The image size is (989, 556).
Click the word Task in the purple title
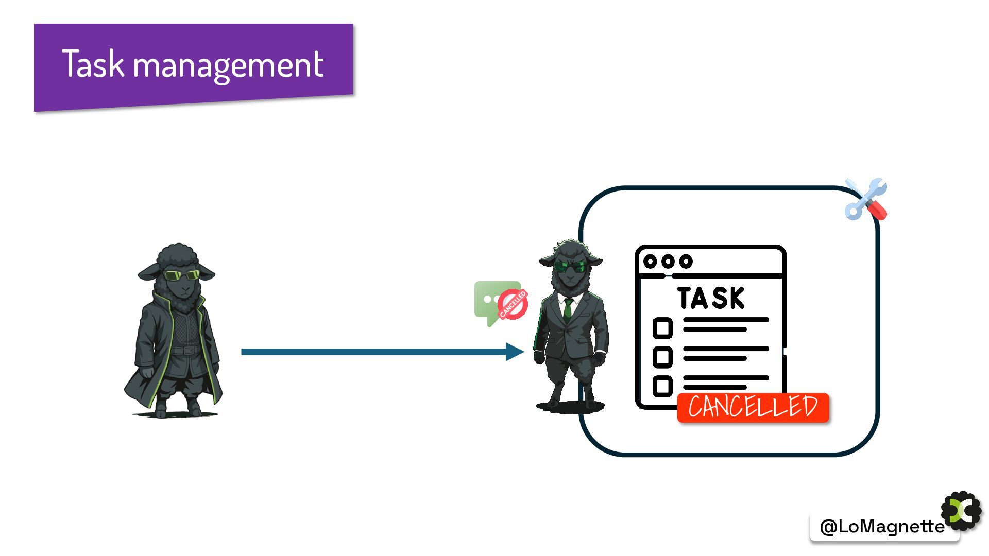click(x=93, y=64)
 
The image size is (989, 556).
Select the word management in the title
click(x=228, y=65)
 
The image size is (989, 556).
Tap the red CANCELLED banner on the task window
click(x=753, y=407)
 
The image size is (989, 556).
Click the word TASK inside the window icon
click(x=711, y=298)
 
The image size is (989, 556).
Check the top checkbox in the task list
click(x=662, y=328)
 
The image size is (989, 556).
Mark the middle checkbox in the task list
click(x=662, y=357)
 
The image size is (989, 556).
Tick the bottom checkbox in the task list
click(x=662, y=386)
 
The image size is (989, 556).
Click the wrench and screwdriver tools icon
click(x=866, y=199)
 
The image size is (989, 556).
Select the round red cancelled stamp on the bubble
click(x=513, y=304)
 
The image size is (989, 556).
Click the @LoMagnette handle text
click(x=881, y=526)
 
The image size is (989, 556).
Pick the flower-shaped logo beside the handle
click(x=962, y=511)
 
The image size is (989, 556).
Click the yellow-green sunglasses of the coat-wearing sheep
click(x=181, y=275)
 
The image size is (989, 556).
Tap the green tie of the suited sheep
click(x=568, y=309)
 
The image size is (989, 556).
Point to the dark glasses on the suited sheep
click(x=570, y=267)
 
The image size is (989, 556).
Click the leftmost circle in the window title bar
click(x=650, y=262)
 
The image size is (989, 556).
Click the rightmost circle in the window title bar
click(x=686, y=262)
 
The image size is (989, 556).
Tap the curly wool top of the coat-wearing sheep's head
click(x=177, y=255)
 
